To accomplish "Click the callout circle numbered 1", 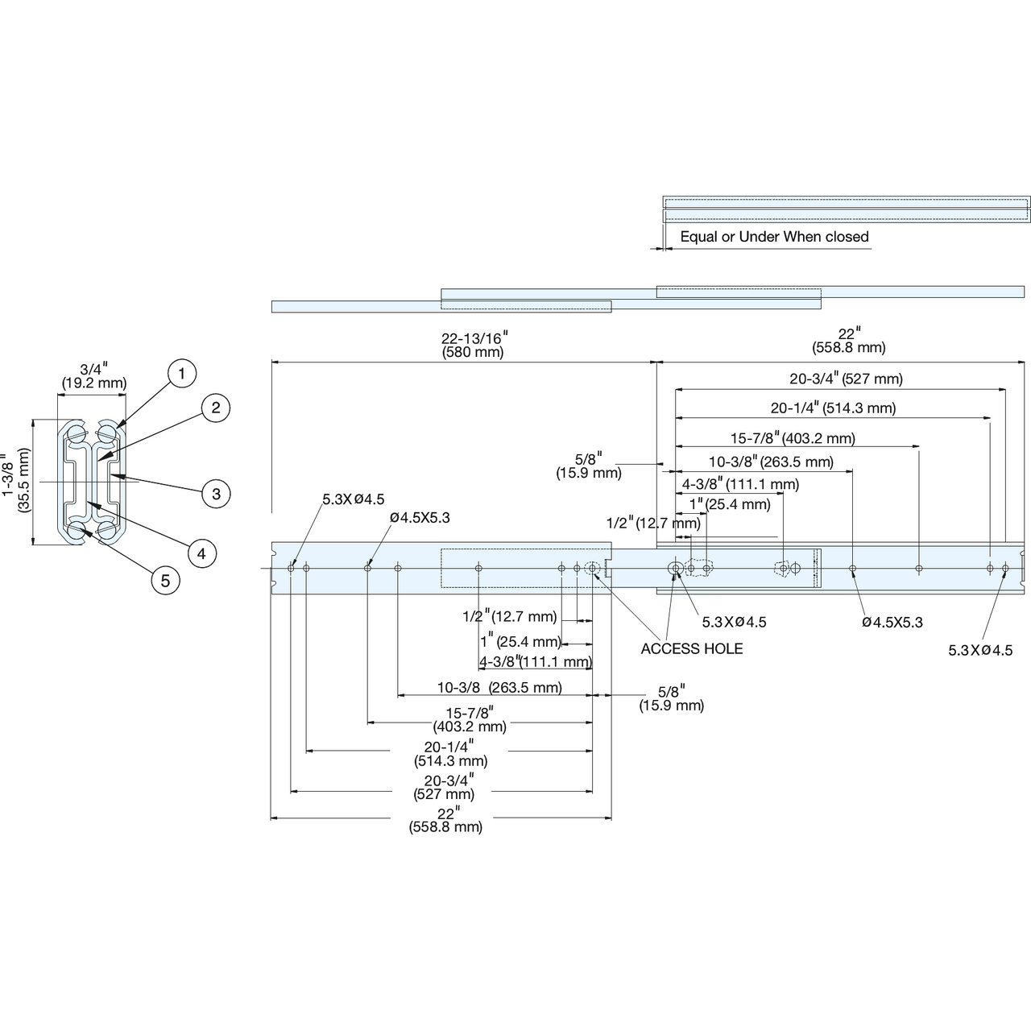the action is (181, 373).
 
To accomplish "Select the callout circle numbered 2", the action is (216, 408).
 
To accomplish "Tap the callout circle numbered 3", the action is (216, 493).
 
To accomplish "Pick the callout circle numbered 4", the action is (201, 553).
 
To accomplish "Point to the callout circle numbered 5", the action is (165, 581).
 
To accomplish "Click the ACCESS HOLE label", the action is (692, 648).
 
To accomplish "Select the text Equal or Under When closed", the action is (774, 237).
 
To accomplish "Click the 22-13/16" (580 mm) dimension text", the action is (474, 345).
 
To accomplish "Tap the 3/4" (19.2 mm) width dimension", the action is (94, 375).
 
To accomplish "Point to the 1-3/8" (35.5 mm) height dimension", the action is (16, 480).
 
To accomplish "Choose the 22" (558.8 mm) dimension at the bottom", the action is (445, 820).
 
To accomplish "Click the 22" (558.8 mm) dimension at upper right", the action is (848, 340).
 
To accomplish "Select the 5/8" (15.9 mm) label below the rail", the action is (672, 698).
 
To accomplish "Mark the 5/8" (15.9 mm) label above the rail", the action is (589, 466).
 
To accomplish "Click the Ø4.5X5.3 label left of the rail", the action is (420, 517).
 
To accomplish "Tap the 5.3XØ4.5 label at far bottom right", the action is (981, 650).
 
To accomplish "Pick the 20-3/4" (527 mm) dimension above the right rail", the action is (847, 379).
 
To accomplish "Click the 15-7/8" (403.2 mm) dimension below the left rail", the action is (470, 719).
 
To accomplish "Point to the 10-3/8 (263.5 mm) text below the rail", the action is (499, 687).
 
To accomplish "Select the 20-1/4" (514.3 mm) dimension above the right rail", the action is (833, 408).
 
